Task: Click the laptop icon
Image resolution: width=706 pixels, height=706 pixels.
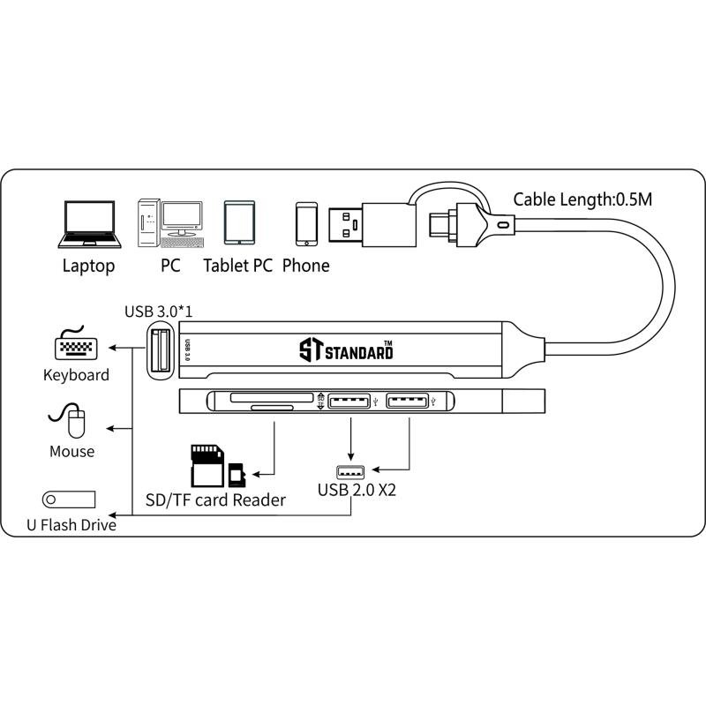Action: (87, 225)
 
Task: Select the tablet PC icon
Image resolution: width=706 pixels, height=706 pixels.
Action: (239, 223)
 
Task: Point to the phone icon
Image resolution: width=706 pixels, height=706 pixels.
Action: (306, 224)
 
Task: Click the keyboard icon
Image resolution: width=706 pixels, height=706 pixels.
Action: (76, 345)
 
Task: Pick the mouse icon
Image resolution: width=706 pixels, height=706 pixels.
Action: (75, 421)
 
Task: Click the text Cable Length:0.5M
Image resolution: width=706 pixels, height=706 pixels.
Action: (582, 199)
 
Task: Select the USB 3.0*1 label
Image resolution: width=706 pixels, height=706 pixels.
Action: (160, 311)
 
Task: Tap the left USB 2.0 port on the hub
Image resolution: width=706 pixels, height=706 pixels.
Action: (350, 402)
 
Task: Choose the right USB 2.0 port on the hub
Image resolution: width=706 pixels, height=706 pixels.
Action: (408, 402)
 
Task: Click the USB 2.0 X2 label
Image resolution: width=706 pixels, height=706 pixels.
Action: (357, 489)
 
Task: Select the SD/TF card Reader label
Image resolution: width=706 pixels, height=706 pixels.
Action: (215, 500)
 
